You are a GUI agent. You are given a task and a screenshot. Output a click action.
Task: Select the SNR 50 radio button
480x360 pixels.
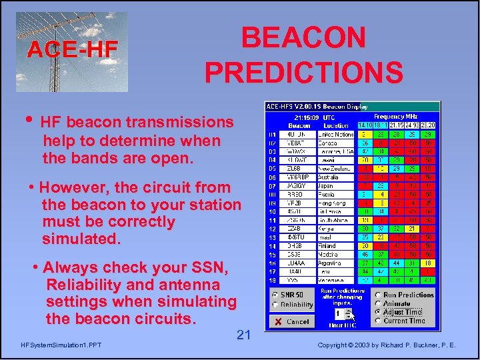275,295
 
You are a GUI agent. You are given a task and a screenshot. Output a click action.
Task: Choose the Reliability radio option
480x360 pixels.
275,305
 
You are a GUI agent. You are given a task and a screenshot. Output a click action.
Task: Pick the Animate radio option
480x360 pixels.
378,303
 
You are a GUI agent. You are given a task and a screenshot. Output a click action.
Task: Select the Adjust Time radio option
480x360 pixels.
378,312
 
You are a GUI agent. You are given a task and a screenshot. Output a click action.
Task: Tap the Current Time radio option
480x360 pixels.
378,321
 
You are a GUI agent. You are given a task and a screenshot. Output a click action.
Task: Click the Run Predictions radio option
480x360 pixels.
378,295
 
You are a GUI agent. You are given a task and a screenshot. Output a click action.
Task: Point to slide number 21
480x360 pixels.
243,335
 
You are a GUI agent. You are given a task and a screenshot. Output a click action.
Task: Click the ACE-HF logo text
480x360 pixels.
72,49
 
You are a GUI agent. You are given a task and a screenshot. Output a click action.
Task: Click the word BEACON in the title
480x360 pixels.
303,38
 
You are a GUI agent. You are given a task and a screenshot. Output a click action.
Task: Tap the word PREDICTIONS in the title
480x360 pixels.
303,72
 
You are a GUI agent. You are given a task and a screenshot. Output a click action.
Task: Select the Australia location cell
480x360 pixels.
336,177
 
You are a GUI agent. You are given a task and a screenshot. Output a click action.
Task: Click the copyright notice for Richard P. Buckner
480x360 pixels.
387,345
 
